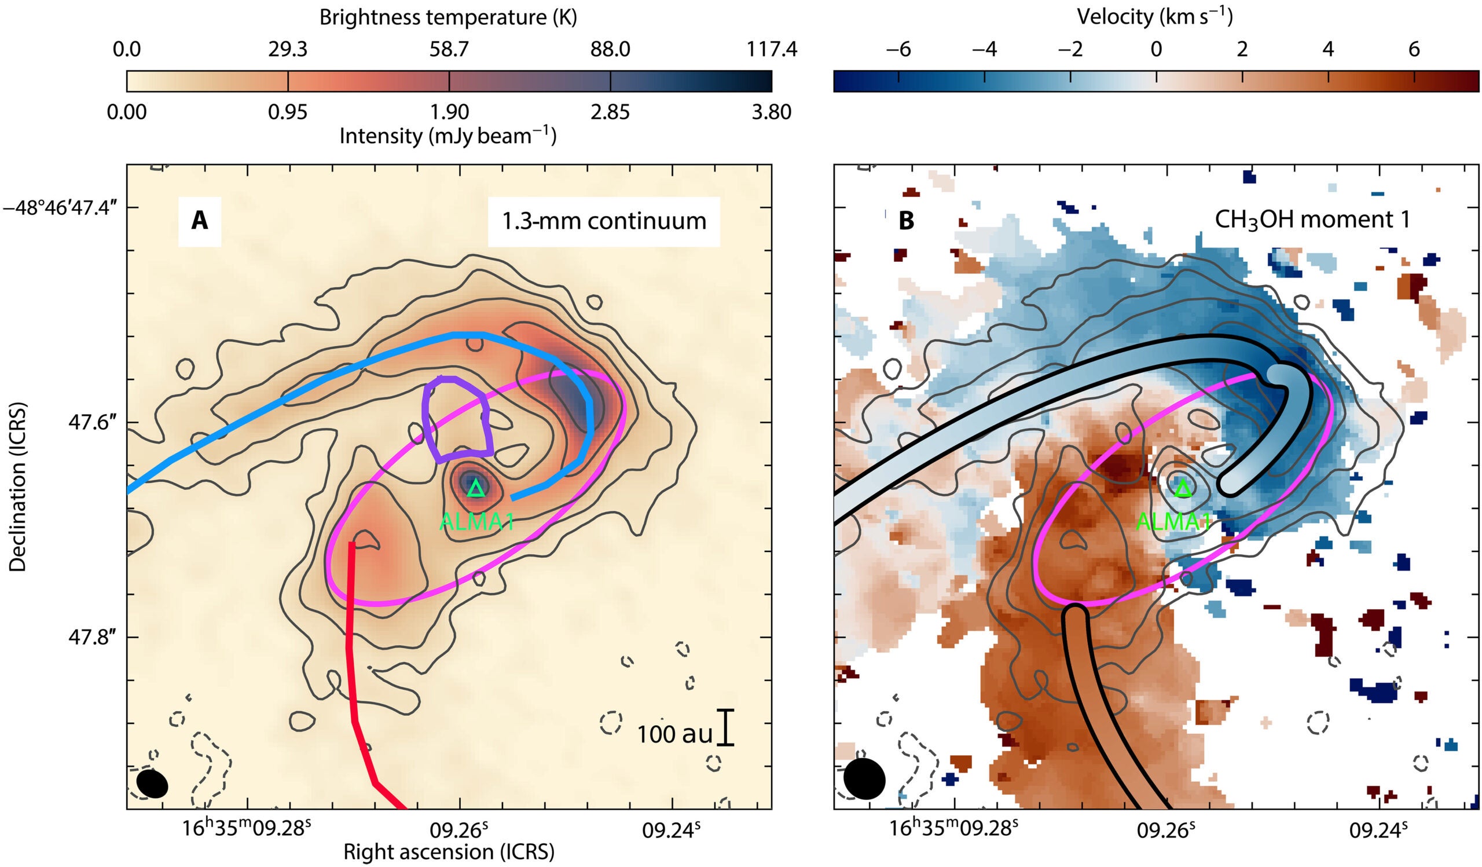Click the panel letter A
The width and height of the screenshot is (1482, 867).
[200, 221]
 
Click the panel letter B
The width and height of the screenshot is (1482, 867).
[907, 221]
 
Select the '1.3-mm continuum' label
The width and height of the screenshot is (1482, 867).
[604, 221]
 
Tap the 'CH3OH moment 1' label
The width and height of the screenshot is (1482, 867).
[1312, 220]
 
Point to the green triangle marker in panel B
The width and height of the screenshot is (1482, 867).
[1183, 488]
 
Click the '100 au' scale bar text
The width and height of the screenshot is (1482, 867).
[674, 734]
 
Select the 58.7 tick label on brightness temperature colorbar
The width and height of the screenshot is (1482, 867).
[449, 49]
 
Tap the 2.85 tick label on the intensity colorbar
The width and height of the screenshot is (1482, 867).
[610, 112]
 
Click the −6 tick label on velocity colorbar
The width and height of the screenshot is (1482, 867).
[898, 49]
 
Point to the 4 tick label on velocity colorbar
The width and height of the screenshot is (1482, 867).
[1328, 49]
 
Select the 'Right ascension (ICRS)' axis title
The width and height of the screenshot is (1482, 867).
[449, 852]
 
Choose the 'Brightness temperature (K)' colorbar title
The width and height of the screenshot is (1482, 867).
[448, 17]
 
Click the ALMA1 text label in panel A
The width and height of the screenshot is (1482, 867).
[476, 522]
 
